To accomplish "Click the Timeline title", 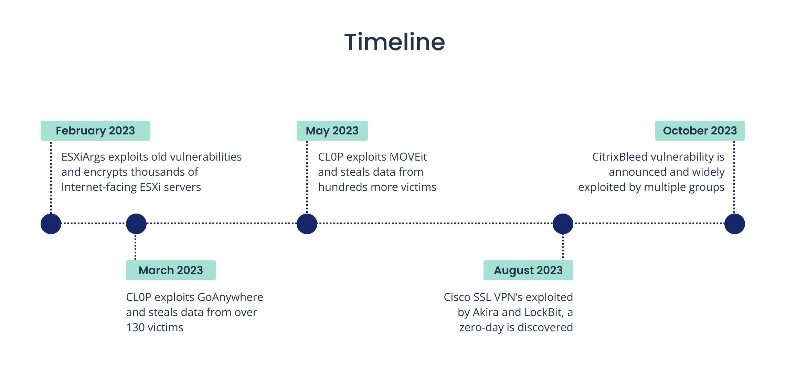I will pos(394,42).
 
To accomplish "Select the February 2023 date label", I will pos(95,131).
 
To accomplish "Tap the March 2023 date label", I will pos(171,270).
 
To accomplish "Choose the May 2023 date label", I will pos(332,131).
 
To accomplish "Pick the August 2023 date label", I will pos(528,270).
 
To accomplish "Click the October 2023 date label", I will pos(700,131).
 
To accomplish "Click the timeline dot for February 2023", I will pos(51,224).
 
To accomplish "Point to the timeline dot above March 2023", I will pos(136,224).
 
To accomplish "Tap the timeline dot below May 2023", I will pos(307,224).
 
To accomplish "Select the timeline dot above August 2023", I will pos(563,224).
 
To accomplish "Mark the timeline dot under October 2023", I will pos(734,224).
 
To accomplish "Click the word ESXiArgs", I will pos(83,157).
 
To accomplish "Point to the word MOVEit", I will pos(408,157).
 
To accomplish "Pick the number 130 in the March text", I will pos(135,327).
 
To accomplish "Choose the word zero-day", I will pos(481,327).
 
